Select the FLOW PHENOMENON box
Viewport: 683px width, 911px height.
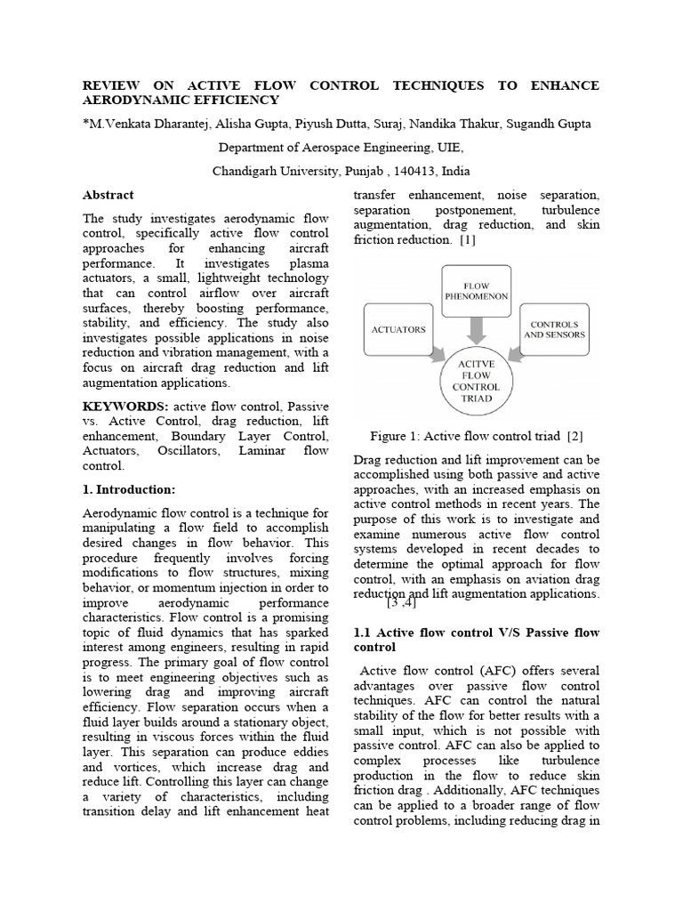pyautogui.click(x=477, y=291)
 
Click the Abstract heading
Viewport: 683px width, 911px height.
pyautogui.click(x=108, y=195)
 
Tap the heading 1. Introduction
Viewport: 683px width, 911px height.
pyautogui.click(x=129, y=489)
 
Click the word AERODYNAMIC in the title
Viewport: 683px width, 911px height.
pyautogui.click(x=138, y=101)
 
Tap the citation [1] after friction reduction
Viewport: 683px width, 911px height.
pyautogui.click(x=468, y=239)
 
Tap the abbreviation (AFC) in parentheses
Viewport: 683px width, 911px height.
pyautogui.click(x=480, y=670)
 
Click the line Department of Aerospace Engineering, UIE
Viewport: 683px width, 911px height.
pyautogui.click(x=341, y=148)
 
